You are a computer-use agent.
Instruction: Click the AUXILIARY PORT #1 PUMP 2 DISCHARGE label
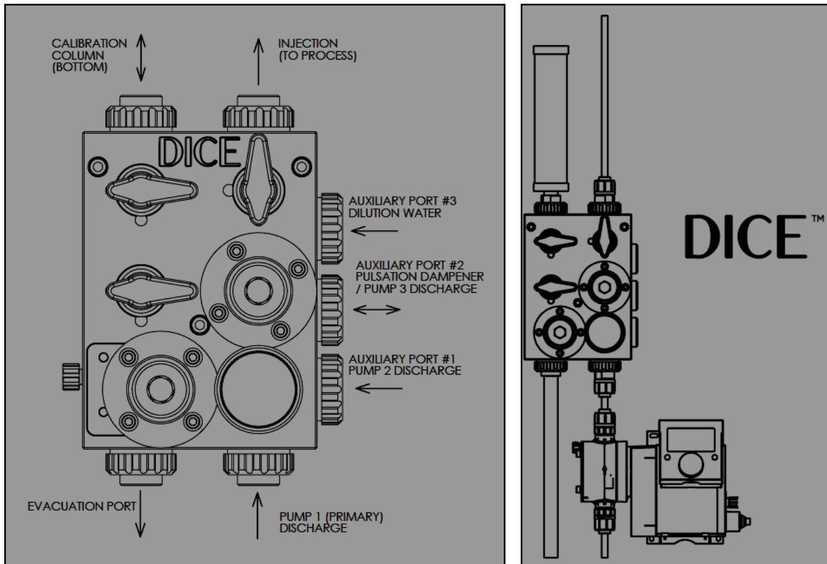click(404, 364)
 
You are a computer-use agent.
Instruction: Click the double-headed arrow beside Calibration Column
click(141, 58)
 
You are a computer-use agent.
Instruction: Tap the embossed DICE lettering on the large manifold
click(197, 151)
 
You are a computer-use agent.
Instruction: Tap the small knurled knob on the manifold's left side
click(71, 376)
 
